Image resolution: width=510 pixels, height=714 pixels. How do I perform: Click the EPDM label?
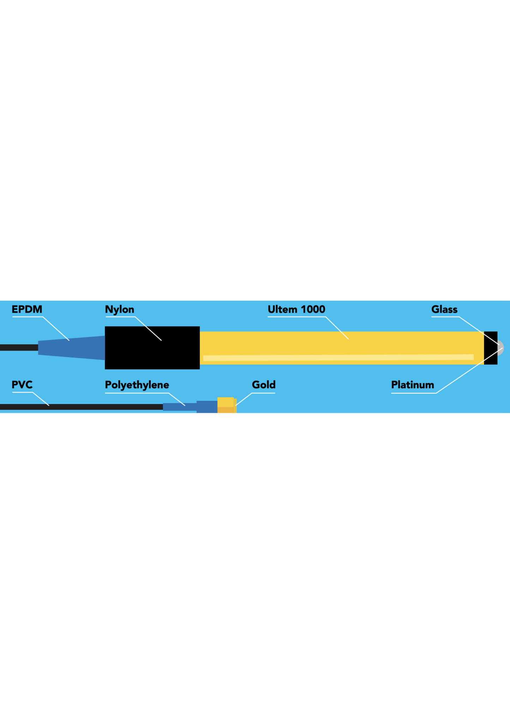pyautogui.click(x=27, y=310)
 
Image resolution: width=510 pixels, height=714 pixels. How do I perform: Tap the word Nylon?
pyautogui.click(x=119, y=310)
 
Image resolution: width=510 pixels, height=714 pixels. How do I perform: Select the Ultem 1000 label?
pyautogui.click(x=296, y=310)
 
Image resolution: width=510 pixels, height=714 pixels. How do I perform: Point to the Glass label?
pyautogui.click(x=444, y=310)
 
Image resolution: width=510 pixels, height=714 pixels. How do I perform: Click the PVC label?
pyautogui.click(x=22, y=385)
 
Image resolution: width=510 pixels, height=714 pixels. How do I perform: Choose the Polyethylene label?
pyautogui.click(x=137, y=385)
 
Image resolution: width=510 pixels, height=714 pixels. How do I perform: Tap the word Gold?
pyautogui.click(x=263, y=385)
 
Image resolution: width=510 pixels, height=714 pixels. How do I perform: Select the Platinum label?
pyautogui.click(x=412, y=385)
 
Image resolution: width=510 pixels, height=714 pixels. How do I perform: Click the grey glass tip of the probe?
pyautogui.click(x=500, y=348)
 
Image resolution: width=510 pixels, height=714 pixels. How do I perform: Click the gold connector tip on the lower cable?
pyautogui.click(x=226, y=406)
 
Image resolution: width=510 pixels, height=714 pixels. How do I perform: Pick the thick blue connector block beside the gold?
pyautogui.click(x=207, y=407)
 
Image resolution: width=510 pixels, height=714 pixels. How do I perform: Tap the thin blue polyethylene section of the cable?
pyautogui.click(x=179, y=407)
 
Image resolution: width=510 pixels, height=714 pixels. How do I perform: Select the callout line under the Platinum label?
pyautogui.click(x=414, y=393)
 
